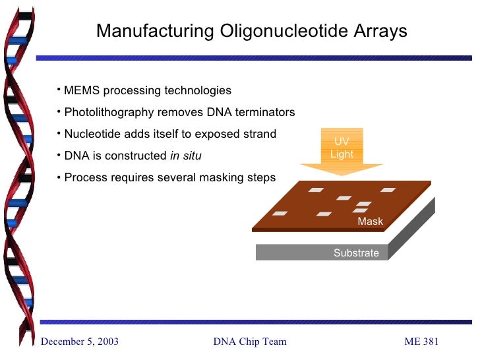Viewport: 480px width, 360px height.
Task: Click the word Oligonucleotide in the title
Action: (x=286, y=31)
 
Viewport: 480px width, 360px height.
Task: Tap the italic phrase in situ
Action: (x=186, y=156)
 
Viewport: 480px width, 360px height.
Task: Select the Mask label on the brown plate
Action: (x=370, y=222)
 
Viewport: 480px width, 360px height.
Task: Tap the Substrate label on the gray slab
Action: (x=356, y=253)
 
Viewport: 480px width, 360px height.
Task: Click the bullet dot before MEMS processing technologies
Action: (x=59, y=89)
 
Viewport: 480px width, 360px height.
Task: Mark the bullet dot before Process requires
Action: (x=59, y=177)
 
